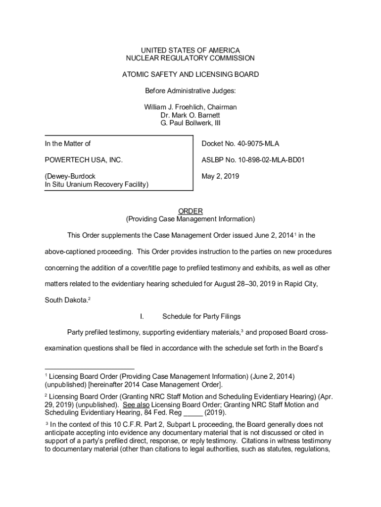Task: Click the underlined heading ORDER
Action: pos(190,211)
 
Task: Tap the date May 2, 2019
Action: pos(220,176)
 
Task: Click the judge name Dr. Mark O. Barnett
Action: pos(190,115)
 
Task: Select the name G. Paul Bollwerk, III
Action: pos(190,123)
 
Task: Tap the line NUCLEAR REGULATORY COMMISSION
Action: pos(190,58)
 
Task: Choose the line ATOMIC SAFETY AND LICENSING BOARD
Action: pos(190,74)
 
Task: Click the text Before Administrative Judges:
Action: pos(190,91)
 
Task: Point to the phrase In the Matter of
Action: pos(68,144)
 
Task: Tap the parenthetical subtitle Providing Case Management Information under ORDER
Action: pos(190,219)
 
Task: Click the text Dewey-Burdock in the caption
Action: pos(70,176)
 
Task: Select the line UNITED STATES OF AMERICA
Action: pos(190,50)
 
